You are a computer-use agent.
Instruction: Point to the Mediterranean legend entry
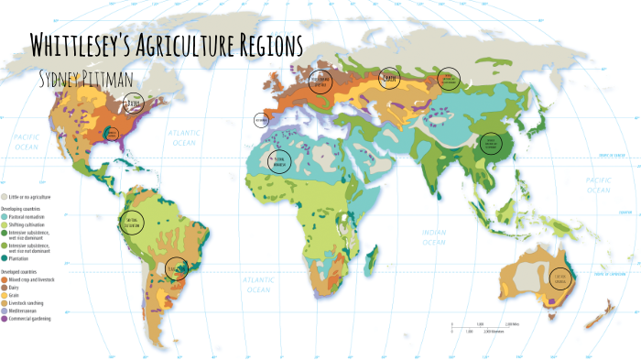tap(31, 311)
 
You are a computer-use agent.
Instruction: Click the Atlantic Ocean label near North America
tap(184, 138)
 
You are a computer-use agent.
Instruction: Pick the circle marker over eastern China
tap(491, 144)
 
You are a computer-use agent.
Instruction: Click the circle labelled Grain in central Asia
tap(390, 78)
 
